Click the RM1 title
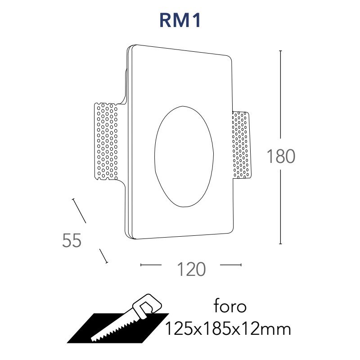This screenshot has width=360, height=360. click(180, 20)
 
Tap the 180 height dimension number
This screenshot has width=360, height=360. click(281, 156)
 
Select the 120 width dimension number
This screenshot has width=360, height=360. click(191, 269)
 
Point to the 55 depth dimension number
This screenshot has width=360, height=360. click(72, 240)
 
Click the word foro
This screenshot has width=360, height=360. click(230, 306)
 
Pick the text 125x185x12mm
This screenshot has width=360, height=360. click(228, 329)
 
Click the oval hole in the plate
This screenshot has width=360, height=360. click(184, 156)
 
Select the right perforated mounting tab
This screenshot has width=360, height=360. click(241, 145)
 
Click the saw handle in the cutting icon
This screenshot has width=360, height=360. click(148, 306)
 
